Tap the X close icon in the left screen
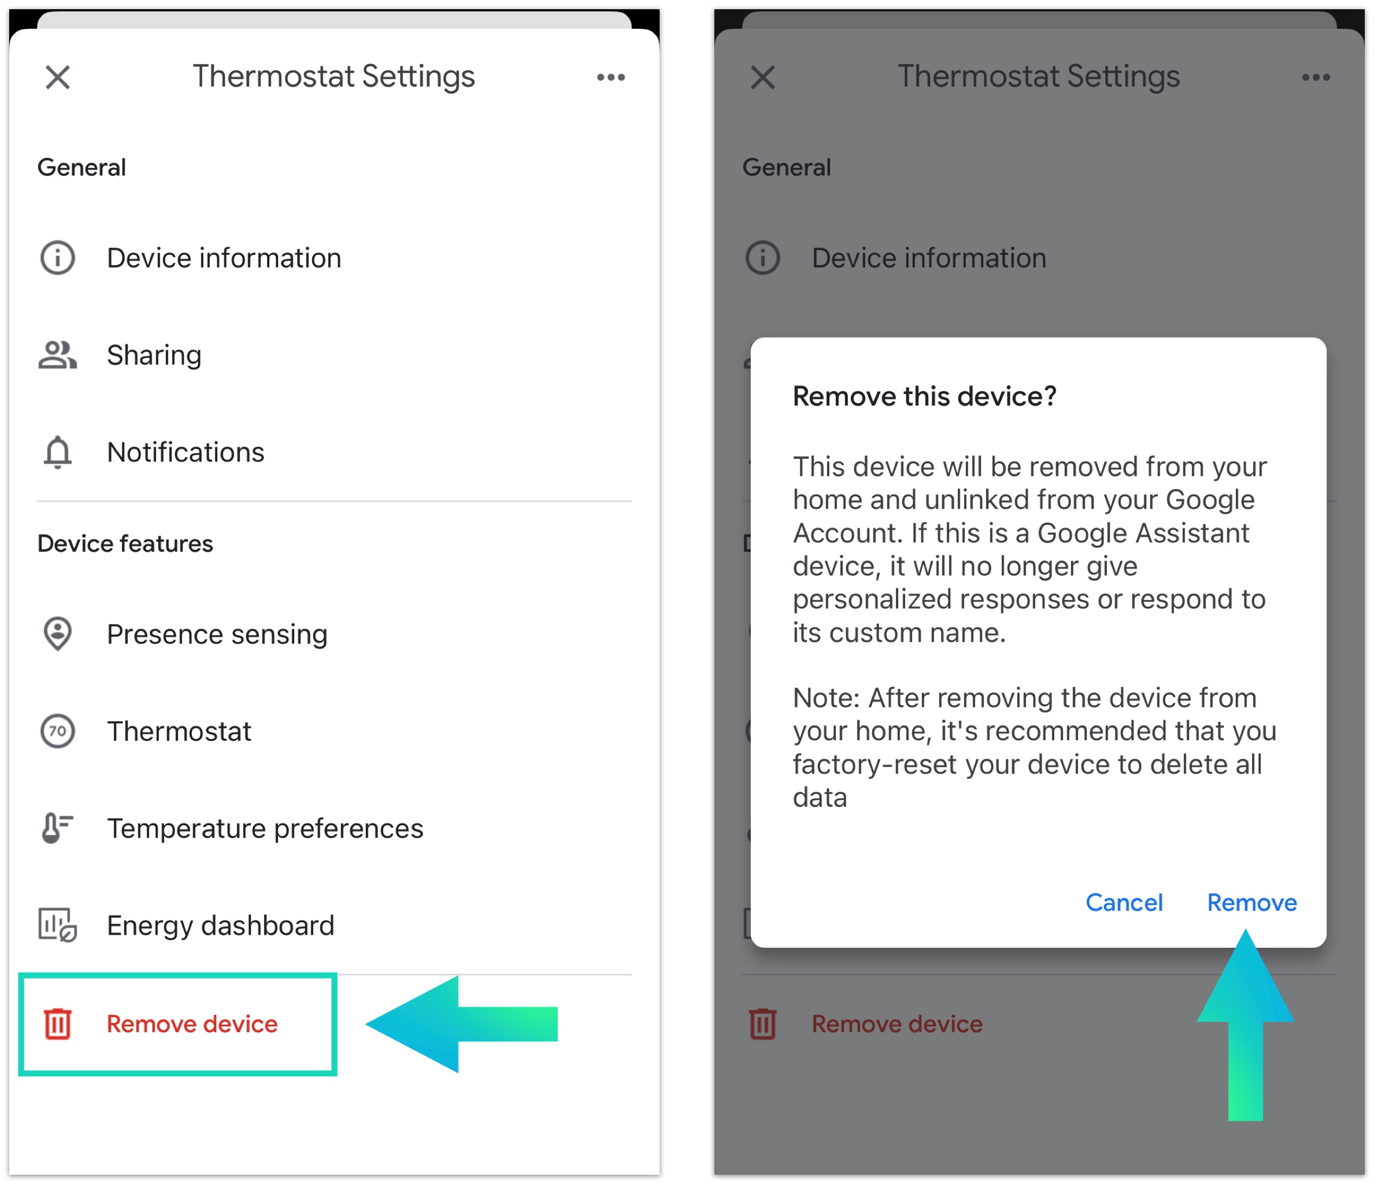click(x=57, y=77)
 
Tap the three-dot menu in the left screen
click(x=611, y=77)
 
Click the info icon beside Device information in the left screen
click(x=57, y=258)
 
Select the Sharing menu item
click(x=154, y=355)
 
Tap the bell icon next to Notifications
click(x=57, y=452)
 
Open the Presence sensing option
click(x=217, y=635)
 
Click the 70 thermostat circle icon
click(x=57, y=731)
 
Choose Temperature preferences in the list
click(x=265, y=829)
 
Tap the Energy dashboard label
click(x=221, y=926)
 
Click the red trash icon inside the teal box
click(x=57, y=1024)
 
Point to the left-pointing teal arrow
click(x=462, y=1024)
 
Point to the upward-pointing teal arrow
click(x=1246, y=1025)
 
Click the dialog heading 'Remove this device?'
click(x=924, y=397)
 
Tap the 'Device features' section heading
click(x=125, y=544)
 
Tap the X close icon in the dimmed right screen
click(x=763, y=77)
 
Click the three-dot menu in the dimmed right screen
click(x=1315, y=77)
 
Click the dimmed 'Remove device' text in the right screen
click(x=897, y=1024)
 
